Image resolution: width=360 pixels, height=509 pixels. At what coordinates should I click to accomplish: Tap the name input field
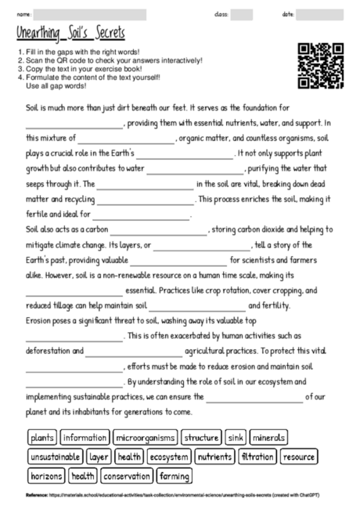(90, 14)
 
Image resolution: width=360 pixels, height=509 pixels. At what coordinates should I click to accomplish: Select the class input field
(242, 14)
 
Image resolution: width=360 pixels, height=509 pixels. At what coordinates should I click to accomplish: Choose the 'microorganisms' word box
(145, 438)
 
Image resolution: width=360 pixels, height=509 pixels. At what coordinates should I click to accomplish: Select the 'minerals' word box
(269, 438)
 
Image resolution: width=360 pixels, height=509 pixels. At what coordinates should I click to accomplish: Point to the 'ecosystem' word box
(168, 457)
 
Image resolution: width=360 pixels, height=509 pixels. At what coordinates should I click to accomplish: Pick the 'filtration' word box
(257, 457)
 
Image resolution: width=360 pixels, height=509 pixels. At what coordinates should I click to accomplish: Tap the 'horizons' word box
(46, 475)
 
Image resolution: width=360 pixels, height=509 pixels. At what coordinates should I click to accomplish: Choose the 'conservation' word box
(126, 475)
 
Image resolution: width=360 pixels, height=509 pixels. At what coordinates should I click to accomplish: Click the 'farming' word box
(174, 475)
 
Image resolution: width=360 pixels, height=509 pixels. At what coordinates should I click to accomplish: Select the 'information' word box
(85, 438)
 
